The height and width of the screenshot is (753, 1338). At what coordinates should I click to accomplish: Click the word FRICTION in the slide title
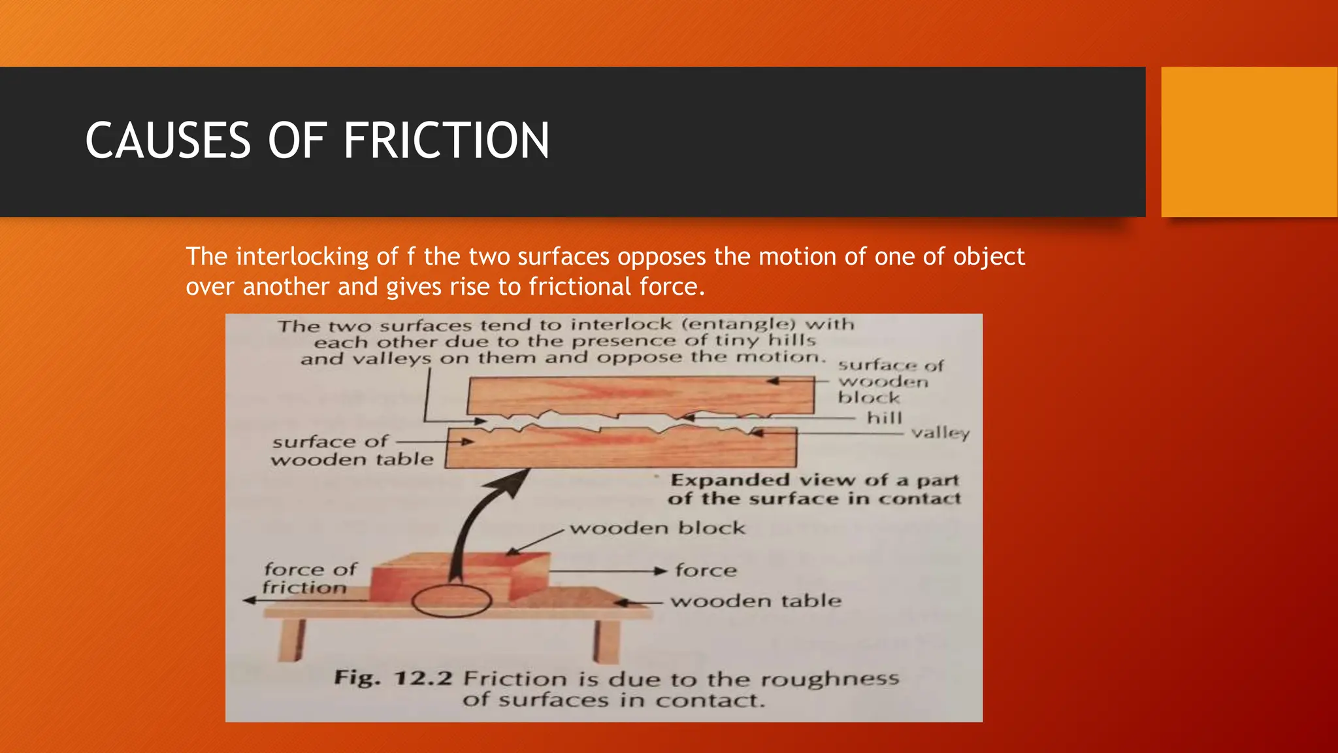[446, 141]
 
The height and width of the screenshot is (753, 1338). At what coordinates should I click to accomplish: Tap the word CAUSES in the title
[168, 141]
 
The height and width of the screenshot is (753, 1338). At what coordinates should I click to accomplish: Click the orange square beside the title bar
[1248, 142]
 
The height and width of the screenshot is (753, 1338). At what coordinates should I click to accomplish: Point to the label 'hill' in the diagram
[884, 418]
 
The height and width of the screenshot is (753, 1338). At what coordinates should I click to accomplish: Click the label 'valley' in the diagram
[940, 433]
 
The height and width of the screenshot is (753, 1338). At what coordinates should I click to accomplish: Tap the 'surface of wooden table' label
[351, 450]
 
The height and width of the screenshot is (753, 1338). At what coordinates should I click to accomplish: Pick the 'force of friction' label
[308, 578]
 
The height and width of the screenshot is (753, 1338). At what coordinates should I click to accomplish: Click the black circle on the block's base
[451, 601]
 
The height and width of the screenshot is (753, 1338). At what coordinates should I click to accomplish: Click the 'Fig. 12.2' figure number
[393, 677]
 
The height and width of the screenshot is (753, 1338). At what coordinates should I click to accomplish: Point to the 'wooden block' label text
[657, 528]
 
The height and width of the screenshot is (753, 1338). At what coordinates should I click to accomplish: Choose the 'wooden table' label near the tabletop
[756, 601]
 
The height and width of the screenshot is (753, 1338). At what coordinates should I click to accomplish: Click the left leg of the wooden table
[291, 639]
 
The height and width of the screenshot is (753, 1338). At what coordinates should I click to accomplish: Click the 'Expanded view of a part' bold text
[814, 480]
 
